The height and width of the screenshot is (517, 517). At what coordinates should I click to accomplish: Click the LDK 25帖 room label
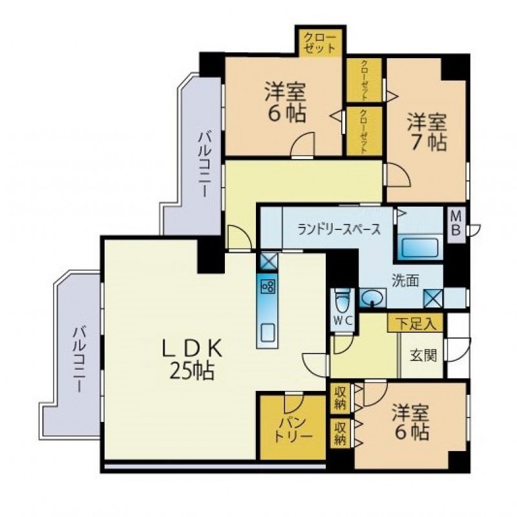(192, 361)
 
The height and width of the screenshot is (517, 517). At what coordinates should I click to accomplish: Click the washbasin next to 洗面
(372, 298)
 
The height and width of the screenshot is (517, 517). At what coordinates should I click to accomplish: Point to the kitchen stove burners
(267, 286)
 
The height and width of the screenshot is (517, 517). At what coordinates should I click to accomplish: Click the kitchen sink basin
(268, 333)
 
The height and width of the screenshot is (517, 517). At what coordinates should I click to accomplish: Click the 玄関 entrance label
(423, 355)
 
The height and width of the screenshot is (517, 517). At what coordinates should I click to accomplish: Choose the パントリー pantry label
(293, 428)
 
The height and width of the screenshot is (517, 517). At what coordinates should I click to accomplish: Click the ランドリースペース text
(339, 229)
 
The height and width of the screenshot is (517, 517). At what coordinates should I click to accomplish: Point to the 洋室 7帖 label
(427, 132)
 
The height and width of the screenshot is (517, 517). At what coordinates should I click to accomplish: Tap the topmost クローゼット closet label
(319, 42)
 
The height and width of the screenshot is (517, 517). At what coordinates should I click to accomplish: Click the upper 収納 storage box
(341, 398)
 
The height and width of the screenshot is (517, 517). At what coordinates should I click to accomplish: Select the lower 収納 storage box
(341, 433)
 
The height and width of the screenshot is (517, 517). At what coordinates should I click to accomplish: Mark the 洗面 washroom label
(405, 280)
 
